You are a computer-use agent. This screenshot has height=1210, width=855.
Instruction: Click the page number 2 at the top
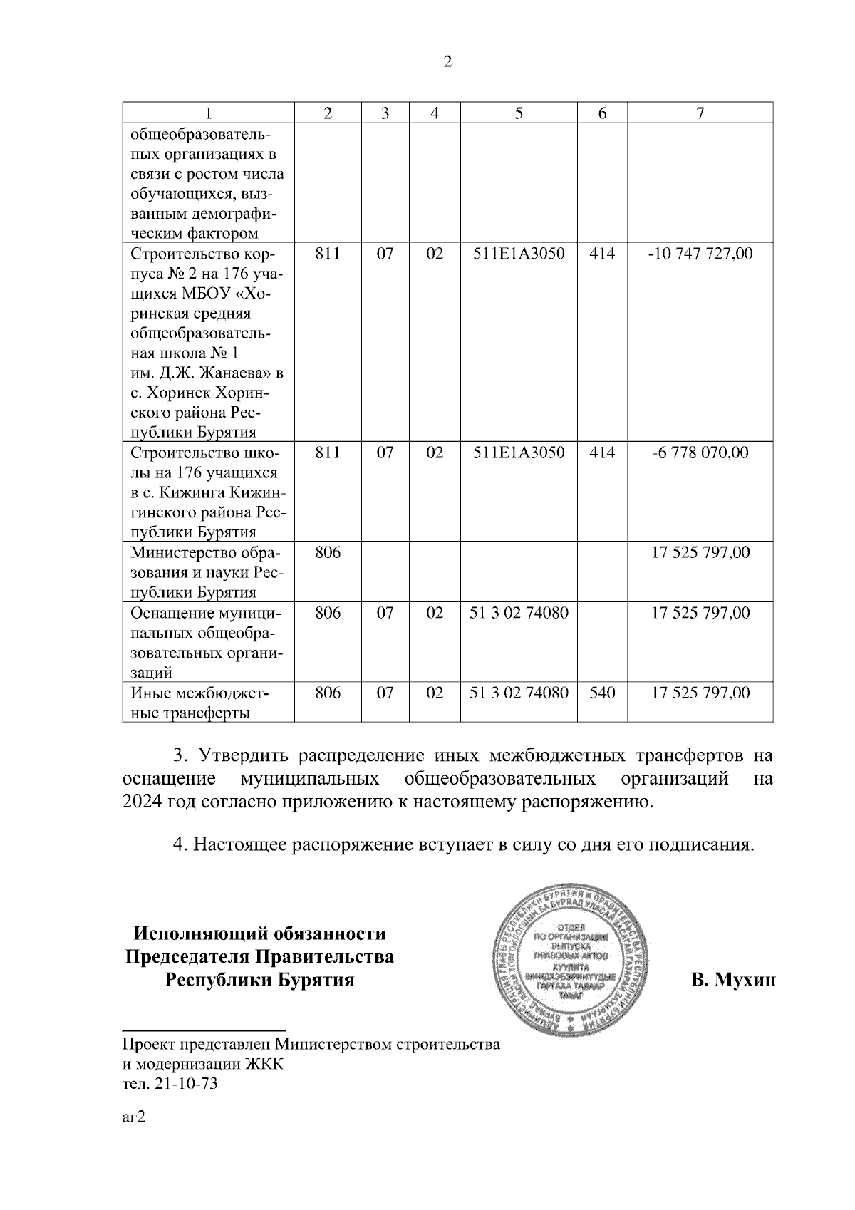pos(447,62)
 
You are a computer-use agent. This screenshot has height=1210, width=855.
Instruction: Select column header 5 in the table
pos(519,113)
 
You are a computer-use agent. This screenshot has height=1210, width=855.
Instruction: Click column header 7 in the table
pos(700,113)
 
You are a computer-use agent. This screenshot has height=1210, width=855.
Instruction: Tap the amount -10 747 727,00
pos(700,254)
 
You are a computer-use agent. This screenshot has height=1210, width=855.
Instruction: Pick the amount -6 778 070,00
pos(700,453)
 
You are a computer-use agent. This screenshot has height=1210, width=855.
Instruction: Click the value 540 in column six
pos(602,693)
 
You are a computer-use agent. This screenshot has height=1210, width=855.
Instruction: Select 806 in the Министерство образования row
pos(328,552)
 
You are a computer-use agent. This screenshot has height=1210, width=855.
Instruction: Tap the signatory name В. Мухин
pos(732,981)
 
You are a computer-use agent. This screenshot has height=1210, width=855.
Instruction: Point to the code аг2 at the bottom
pos(134,1117)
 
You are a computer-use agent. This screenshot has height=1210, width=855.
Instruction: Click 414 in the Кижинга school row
pos(602,453)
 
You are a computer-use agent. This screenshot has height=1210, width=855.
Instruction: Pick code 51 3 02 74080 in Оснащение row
pos(519,613)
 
